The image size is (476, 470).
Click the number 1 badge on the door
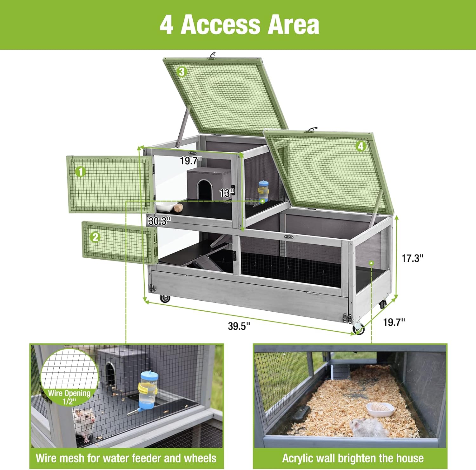click(x=81, y=172)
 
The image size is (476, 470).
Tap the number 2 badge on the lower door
click(x=95, y=237)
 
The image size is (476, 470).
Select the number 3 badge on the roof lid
click(x=182, y=72)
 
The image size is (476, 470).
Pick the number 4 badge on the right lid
click(x=360, y=146)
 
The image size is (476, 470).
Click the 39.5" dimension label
click(x=239, y=326)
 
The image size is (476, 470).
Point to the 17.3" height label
click(x=413, y=258)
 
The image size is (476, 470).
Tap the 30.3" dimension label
click(x=160, y=221)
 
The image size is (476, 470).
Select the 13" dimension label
click(x=227, y=192)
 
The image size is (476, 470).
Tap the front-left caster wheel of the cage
click(x=165, y=298)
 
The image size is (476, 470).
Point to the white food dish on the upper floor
click(x=165, y=208)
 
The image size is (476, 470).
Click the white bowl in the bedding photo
click(x=380, y=410)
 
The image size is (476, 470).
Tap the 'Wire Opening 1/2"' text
click(x=69, y=397)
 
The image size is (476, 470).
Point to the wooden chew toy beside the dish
click(x=178, y=208)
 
